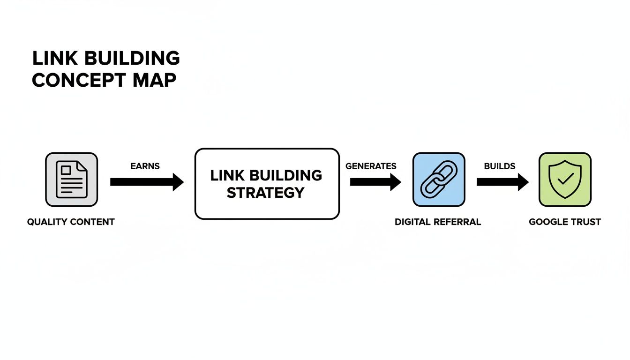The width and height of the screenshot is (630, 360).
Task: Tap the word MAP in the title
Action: pyautogui.click(x=154, y=81)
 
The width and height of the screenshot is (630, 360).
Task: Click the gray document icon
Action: pyautogui.click(x=71, y=180)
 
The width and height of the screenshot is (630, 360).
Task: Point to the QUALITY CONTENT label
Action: pyautogui.click(x=71, y=222)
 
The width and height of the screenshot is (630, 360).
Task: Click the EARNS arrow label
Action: pyautogui.click(x=146, y=166)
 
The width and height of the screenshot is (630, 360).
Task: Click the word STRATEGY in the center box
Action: pyautogui.click(x=266, y=193)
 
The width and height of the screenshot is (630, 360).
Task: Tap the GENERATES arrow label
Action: pyautogui.click(x=371, y=166)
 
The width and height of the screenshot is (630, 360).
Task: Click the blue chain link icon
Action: pyautogui.click(x=439, y=180)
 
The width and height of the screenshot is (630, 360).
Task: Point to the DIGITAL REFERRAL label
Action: pyautogui.click(x=438, y=222)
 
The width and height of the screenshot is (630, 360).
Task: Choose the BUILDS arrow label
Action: pyautogui.click(x=500, y=166)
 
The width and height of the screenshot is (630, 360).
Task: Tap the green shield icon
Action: pyautogui.click(x=565, y=180)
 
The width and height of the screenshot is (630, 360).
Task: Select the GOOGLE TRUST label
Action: pyautogui.click(x=565, y=222)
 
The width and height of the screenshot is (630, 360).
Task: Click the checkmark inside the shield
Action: pyautogui.click(x=565, y=179)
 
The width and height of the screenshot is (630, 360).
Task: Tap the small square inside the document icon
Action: pyautogui.click(x=66, y=169)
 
